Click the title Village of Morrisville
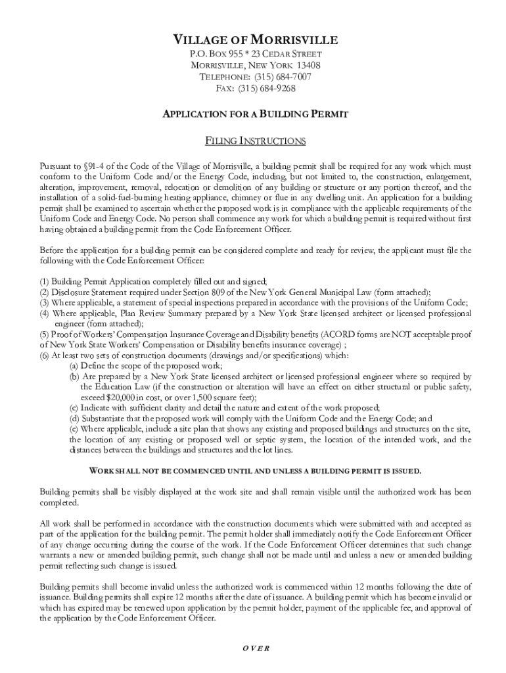[255, 39]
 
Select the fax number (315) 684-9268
[266, 89]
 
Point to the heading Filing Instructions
[255, 141]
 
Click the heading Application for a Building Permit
[255, 114]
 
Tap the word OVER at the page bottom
[256, 647]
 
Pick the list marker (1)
[45, 281]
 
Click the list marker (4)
[45, 313]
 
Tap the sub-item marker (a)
[74, 365]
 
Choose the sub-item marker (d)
[74, 418]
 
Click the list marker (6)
[45, 355]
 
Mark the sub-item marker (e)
[74, 429]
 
